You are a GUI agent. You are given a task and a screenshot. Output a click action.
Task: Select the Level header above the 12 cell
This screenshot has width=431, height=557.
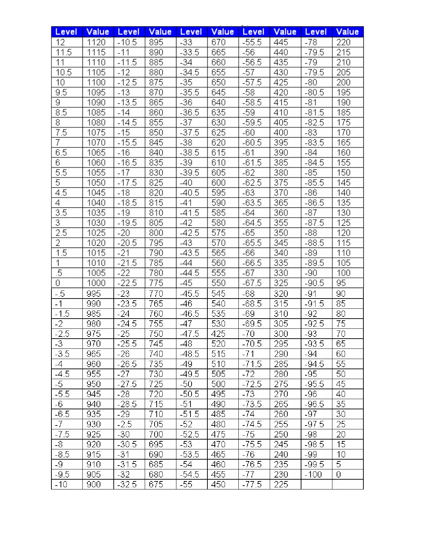coord(66,32)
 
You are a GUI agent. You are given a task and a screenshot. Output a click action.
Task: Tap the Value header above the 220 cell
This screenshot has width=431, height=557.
coord(347,32)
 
